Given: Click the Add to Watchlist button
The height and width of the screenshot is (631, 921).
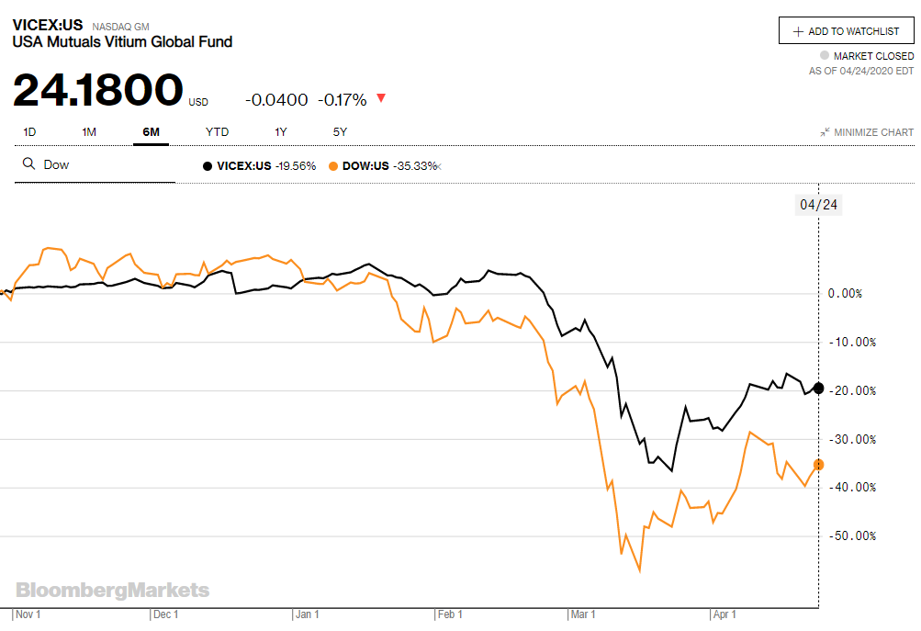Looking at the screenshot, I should pyautogui.click(x=846, y=30).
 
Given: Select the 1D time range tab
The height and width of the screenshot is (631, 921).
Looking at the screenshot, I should pyautogui.click(x=29, y=132).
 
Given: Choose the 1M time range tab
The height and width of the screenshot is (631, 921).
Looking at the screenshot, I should pyautogui.click(x=89, y=132).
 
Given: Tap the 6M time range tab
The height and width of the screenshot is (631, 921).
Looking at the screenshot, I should pyautogui.click(x=151, y=132).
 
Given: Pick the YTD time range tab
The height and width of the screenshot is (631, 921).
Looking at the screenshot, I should pyautogui.click(x=217, y=132).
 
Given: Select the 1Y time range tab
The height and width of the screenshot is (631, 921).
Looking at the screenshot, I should pyautogui.click(x=281, y=132).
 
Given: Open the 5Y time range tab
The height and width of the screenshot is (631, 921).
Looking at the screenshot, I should pyautogui.click(x=340, y=132).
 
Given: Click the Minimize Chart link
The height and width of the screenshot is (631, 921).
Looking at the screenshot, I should pyautogui.click(x=867, y=132).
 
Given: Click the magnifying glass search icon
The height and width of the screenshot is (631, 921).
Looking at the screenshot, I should pyautogui.click(x=28, y=164).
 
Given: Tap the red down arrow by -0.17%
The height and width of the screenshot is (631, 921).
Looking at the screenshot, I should pyautogui.click(x=381, y=99).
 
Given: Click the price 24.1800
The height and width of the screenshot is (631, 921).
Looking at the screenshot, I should pyautogui.click(x=98, y=90).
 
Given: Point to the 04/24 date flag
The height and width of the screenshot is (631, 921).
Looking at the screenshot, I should pyautogui.click(x=818, y=204).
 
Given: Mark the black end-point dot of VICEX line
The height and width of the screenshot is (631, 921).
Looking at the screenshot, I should pyautogui.click(x=818, y=388).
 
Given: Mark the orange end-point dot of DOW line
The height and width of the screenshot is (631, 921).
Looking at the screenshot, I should pyautogui.click(x=818, y=465).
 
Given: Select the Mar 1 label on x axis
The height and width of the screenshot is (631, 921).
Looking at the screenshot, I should pyautogui.click(x=583, y=614).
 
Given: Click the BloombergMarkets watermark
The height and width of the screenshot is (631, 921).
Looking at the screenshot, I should pyautogui.click(x=112, y=591).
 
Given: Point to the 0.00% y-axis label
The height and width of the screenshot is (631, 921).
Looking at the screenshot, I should pyautogui.click(x=845, y=294).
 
